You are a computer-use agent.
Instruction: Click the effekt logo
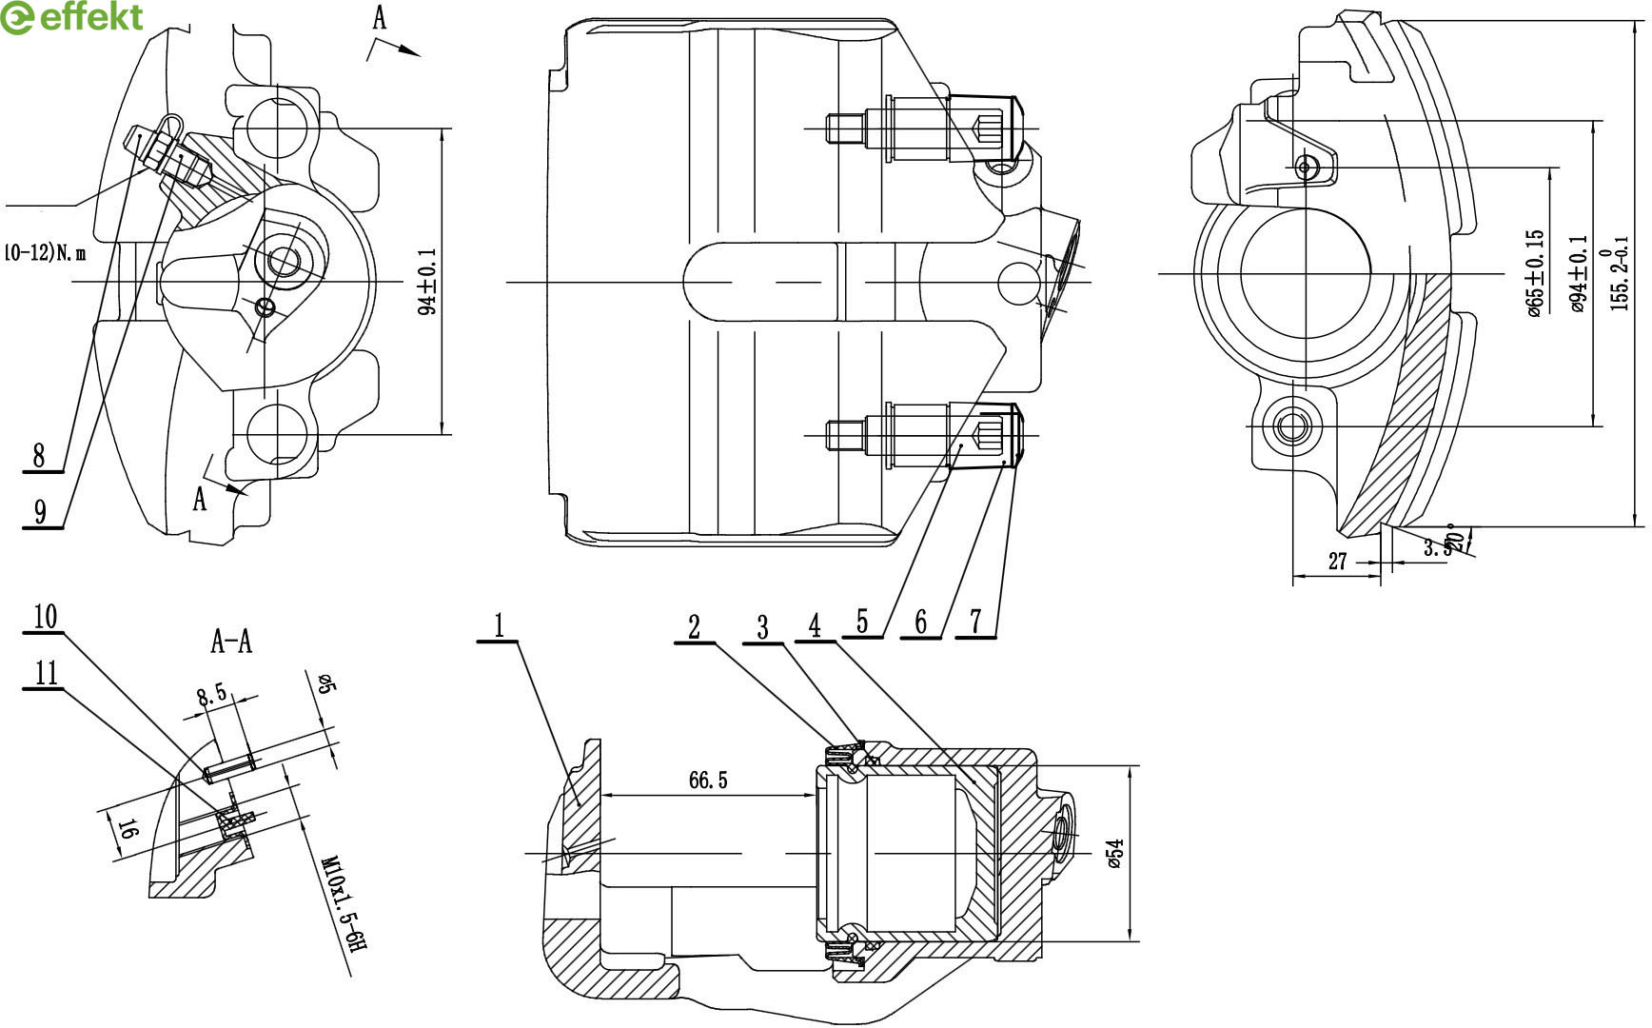tap(71, 17)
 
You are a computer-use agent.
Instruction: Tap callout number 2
tap(695, 626)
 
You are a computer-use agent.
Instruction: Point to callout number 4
tap(815, 625)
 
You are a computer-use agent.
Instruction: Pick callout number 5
tap(862, 622)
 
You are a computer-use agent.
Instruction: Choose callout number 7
tap(975, 621)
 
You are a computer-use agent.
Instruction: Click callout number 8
tap(39, 455)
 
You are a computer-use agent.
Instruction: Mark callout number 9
tap(39, 512)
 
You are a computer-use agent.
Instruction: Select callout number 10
tap(45, 617)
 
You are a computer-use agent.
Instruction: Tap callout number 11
tap(45, 674)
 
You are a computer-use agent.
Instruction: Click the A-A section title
tap(231, 642)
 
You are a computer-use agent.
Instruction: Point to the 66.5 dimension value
tap(708, 781)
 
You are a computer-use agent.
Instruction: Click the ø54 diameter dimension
tap(1115, 854)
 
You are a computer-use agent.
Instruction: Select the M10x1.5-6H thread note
tap(344, 915)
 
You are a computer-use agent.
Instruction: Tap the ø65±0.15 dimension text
tap(1533, 273)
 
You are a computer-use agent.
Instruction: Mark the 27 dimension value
tap(1337, 562)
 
